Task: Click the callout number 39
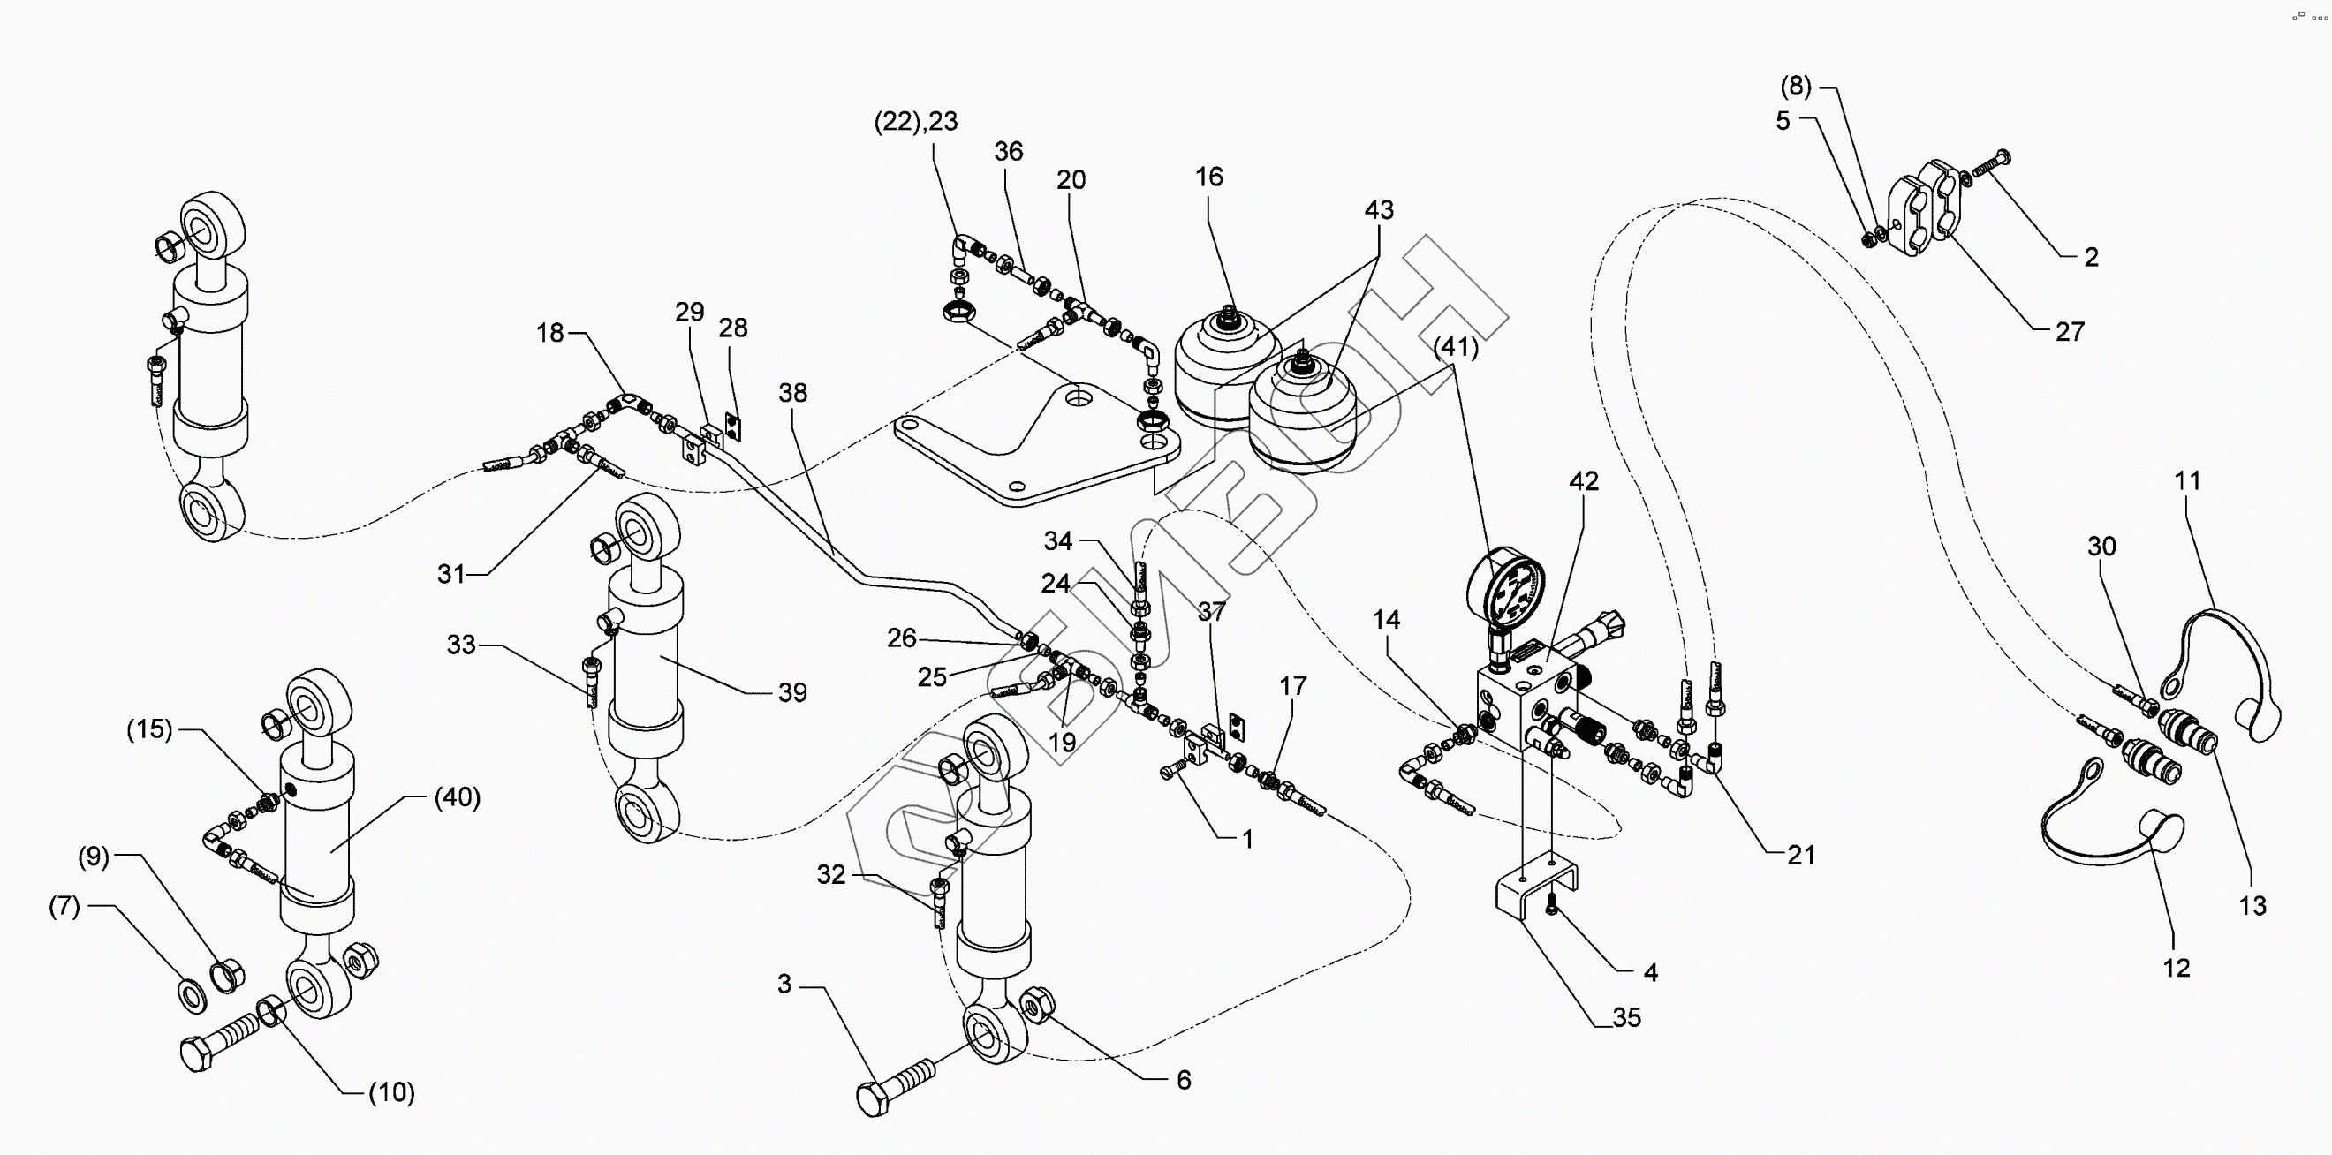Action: click(x=792, y=692)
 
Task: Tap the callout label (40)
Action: click(x=458, y=797)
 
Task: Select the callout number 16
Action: click(x=1208, y=177)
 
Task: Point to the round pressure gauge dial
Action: click(x=1505, y=586)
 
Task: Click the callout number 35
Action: click(x=1627, y=1017)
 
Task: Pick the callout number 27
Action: click(x=2070, y=332)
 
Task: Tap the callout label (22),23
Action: click(x=916, y=121)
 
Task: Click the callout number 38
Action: click(x=793, y=393)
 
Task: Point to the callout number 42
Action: click(x=1584, y=481)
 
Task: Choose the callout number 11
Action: click(x=2188, y=480)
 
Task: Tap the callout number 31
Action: click(x=450, y=574)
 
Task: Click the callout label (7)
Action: click(x=64, y=906)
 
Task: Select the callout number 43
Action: click(x=1379, y=210)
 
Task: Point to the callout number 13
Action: click(x=2252, y=905)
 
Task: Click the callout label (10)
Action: click(x=391, y=1092)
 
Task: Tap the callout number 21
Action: click(x=1800, y=856)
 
